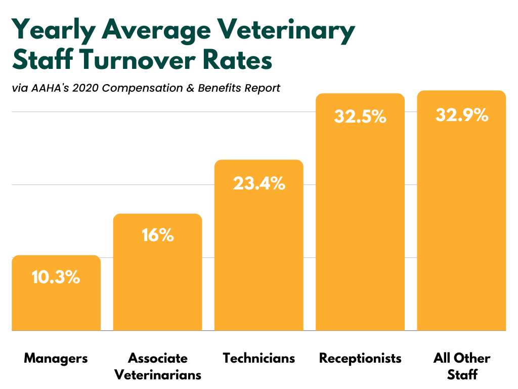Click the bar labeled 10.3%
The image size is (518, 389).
pos(56,304)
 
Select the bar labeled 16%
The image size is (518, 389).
pos(157,284)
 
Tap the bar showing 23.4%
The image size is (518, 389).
pos(258,253)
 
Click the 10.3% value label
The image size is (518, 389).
pos(56,277)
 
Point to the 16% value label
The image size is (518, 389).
pos(158,236)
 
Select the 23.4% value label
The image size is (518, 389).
pos(259,183)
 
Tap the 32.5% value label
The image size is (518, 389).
pos(360,117)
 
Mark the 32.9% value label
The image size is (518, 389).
pos(462,115)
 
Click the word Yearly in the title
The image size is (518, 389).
pos(53,31)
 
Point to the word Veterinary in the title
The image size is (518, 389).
pos(286,31)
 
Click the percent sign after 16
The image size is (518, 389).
pos(165,236)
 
